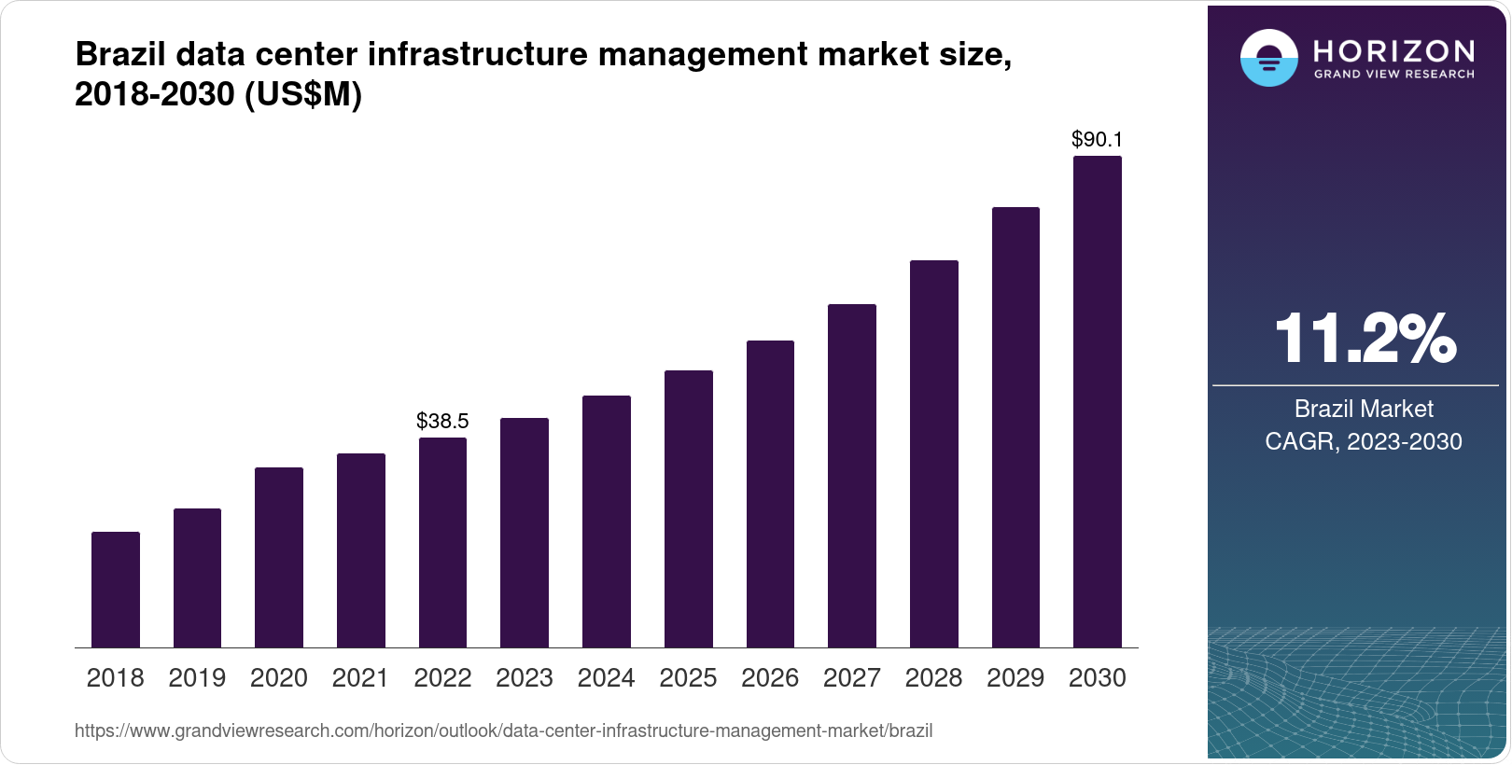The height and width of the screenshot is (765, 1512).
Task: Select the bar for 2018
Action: (x=116, y=590)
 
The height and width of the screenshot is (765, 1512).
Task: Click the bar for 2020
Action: (x=279, y=557)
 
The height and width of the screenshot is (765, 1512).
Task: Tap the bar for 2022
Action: (x=442, y=542)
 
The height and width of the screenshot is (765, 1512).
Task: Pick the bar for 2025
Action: (x=689, y=508)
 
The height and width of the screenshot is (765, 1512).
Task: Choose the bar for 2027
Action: (x=852, y=476)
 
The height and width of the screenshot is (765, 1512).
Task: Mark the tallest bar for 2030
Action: (x=1098, y=401)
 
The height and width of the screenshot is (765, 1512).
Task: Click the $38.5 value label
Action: (x=442, y=421)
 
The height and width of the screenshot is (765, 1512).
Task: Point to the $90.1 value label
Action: (x=1098, y=140)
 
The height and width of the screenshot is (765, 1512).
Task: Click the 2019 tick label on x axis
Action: (x=197, y=678)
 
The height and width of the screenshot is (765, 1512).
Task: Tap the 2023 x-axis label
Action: (x=525, y=678)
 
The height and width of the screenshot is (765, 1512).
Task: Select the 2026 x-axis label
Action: (x=770, y=678)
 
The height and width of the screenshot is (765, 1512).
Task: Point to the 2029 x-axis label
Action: (x=1015, y=678)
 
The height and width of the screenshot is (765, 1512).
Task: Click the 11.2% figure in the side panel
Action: (x=1364, y=339)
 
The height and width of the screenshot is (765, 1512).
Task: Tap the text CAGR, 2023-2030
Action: (x=1364, y=441)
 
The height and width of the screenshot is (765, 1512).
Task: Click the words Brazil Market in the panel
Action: (x=1364, y=409)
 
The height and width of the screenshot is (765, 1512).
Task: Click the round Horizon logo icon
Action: (x=1268, y=58)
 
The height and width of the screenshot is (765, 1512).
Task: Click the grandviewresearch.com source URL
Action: (x=503, y=730)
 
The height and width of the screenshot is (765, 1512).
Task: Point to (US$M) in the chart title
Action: (x=302, y=95)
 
